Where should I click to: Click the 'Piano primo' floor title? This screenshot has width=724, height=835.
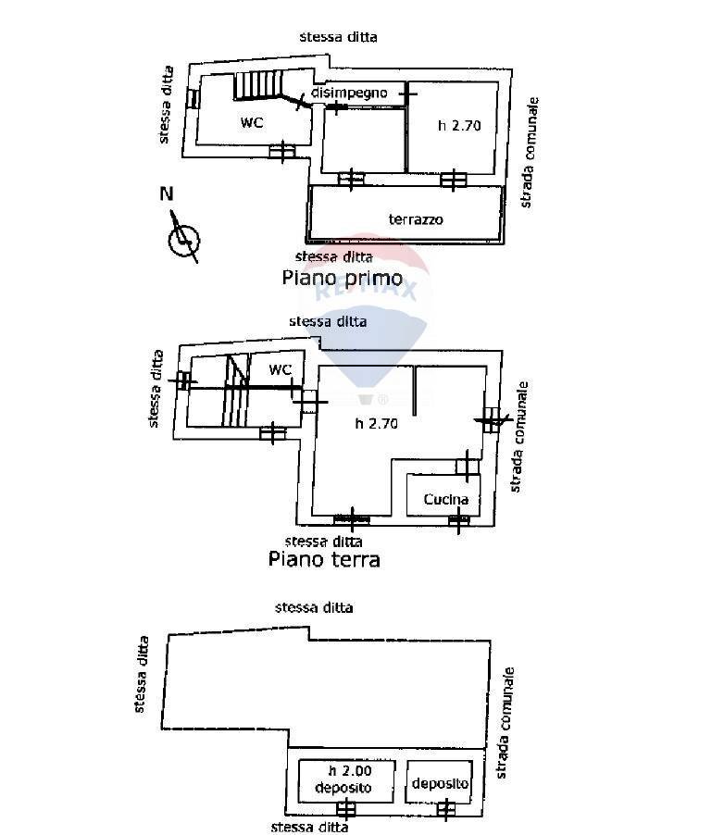coord(342,278)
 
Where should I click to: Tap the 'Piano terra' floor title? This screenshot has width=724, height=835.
coord(324,559)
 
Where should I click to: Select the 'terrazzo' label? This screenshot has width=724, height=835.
coord(416,219)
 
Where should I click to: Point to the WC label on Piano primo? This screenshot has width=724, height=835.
coord(252,122)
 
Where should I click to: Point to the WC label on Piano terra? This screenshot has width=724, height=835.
coord(280,369)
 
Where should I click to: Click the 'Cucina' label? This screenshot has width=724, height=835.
coord(446,500)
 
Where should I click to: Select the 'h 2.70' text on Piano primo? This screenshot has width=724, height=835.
coord(460,125)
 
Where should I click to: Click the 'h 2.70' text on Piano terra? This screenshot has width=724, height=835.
coord(377,425)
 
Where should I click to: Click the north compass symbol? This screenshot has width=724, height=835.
coord(183,238)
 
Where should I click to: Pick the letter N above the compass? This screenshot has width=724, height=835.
coord(167,194)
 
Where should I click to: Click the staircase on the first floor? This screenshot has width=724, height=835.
coord(256,86)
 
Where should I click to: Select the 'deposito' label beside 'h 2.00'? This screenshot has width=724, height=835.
coord(343,788)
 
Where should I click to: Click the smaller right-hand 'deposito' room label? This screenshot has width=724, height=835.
coord(441,784)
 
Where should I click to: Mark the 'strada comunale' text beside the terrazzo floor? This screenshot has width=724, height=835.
coord(528,152)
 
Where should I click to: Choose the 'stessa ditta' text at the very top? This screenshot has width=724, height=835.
coord(338,37)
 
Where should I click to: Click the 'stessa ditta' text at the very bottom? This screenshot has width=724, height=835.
coord(308,827)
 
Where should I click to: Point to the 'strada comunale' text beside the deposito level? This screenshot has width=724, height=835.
coord(506,722)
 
